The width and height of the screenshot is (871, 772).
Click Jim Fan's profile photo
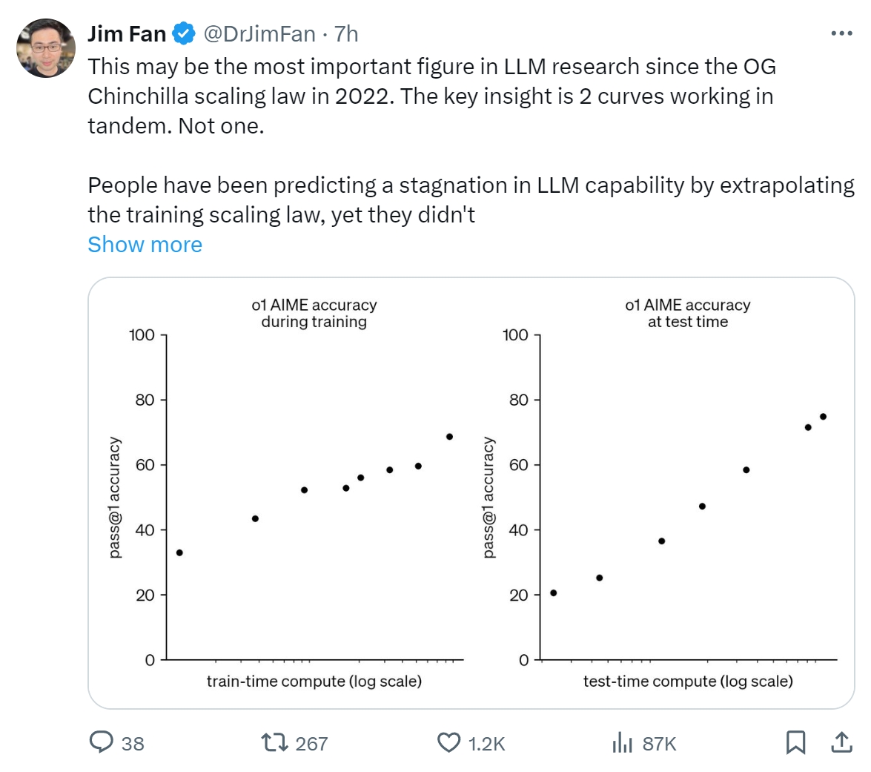pyautogui.click(x=46, y=48)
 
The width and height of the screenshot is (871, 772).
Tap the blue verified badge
pyautogui.click(x=184, y=33)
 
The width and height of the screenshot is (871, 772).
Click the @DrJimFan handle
pyautogui.click(x=259, y=33)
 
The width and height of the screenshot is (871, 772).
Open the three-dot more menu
pyautogui.click(x=841, y=33)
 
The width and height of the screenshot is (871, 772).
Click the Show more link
pyautogui.click(x=145, y=245)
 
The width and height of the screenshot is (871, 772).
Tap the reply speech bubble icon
pyautogui.click(x=102, y=742)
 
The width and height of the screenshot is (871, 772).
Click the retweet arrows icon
pyautogui.click(x=274, y=742)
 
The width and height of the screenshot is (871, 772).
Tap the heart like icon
pyautogui.click(x=449, y=742)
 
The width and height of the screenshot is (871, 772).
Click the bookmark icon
pyautogui.click(x=795, y=742)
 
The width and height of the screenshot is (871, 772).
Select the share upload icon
pyautogui.click(x=841, y=742)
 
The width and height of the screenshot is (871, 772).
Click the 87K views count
pyautogui.click(x=659, y=744)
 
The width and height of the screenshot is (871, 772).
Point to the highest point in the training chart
pyautogui.click(x=449, y=437)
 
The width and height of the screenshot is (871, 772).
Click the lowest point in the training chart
pyautogui.click(x=179, y=552)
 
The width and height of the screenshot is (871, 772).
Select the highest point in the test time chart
pyautogui.click(x=823, y=417)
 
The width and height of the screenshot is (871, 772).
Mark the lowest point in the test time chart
pyautogui.click(x=553, y=593)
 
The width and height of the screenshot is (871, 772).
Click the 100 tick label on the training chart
pyautogui.click(x=142, y=335)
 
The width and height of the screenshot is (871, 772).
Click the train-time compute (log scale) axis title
pyautogui.click(x=314, y=681)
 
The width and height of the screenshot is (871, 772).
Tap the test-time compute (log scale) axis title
pyautogui.click(x=688, y=681)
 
